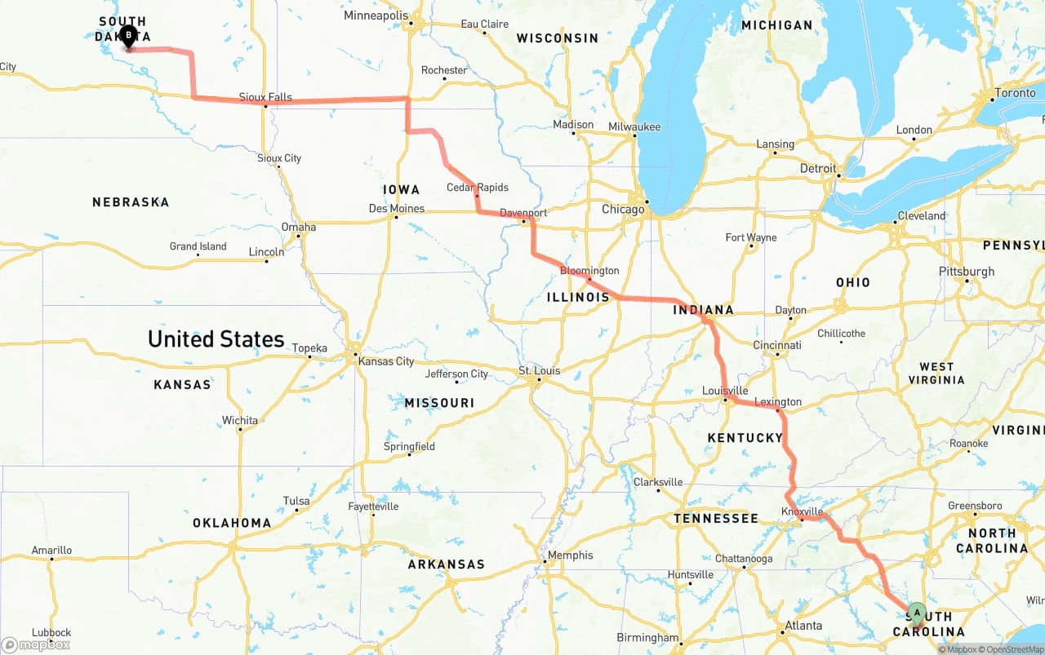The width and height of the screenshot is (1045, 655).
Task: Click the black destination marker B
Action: click(128, 36)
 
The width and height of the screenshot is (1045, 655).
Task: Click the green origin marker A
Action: click(917, 612)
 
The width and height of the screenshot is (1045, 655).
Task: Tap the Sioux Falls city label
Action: click(265, 97)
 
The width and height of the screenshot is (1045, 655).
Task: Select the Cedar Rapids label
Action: click(478, 188)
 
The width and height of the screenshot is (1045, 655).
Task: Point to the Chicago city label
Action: click(622, 210)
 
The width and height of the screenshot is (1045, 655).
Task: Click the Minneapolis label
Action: click(376, 15)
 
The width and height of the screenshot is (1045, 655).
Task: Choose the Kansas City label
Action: click(386, 361)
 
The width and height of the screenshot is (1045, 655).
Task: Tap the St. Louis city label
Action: click(540, 371)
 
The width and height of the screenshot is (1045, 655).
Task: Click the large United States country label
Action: click(216, 339)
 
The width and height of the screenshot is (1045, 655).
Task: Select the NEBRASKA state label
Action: click(131, 202)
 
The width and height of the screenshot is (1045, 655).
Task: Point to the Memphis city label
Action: click(571, 555)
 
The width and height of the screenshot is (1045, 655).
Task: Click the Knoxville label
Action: click(802, 511)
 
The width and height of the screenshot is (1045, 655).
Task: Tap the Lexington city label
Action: click(778, 402)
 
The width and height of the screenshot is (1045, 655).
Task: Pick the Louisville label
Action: click(725, 392)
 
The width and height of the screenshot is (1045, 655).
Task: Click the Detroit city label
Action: click(817, 169)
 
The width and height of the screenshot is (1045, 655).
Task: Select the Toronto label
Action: click(1016, 93)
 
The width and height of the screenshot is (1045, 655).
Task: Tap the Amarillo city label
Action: click(51, 551)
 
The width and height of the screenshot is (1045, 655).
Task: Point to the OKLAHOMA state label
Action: click(232, 523)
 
